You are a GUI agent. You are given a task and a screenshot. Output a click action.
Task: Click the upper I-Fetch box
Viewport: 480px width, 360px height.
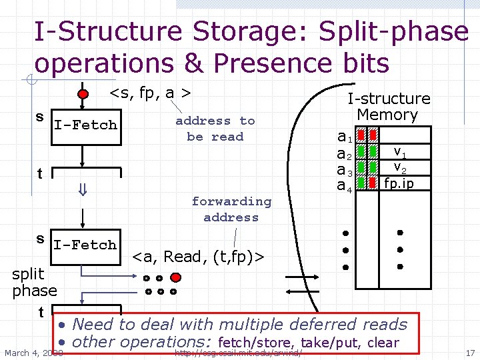[x=85, y=125]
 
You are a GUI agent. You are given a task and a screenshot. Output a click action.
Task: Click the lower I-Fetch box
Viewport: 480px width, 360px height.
[x=85, y=245]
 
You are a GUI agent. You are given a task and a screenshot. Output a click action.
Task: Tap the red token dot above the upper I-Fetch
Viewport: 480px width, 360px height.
[x=83, y=93]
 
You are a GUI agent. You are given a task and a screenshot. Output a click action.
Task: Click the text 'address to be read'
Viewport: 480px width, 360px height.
[x=215, y=129]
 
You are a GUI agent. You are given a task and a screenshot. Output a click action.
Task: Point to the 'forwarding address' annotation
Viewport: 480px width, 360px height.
[x=231, y=209]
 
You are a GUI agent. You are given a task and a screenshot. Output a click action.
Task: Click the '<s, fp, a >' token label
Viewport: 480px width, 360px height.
[x=151, y=93]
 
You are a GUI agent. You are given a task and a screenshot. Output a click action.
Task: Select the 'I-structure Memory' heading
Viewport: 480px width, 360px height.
[x=389, y=107]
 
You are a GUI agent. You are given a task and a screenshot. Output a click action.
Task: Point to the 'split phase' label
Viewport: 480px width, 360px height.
[x=34, y=282]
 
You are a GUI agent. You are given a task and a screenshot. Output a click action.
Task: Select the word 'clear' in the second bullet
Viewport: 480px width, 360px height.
[x=383, y=343]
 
